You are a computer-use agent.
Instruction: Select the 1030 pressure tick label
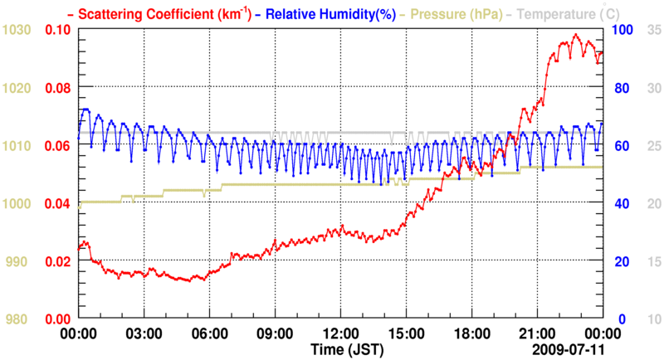click(17, 29)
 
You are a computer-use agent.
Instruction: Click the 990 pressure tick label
click(20, 261)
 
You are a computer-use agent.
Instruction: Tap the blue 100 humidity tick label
click(622, 29)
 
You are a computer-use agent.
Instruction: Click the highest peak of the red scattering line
click(575, 35)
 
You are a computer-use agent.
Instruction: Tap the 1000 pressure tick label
click(17, 203)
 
